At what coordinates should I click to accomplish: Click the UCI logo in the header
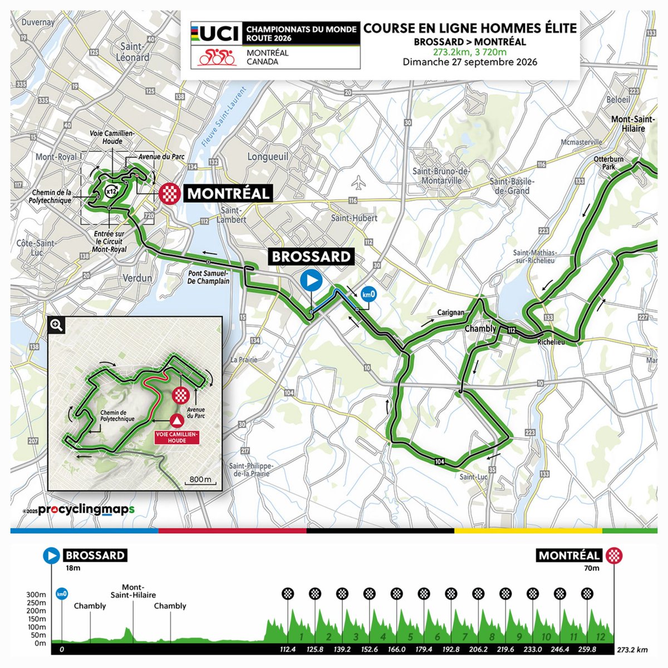215,33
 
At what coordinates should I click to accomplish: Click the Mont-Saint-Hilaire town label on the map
628,124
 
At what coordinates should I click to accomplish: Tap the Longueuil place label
268,157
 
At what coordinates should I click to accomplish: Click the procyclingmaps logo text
86,510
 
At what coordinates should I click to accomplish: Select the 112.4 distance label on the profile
287,649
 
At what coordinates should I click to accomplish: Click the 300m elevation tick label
36,595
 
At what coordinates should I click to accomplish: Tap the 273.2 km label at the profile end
632,650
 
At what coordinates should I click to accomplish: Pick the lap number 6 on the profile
438,637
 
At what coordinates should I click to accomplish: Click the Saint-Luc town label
474,477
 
